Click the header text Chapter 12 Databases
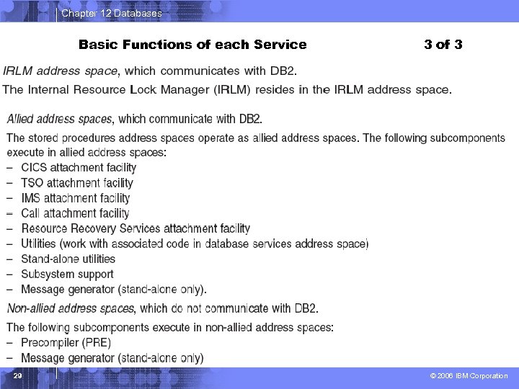112,13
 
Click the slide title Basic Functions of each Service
192,45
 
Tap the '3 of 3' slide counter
443,45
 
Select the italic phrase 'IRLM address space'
60,71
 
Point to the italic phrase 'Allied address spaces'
59,119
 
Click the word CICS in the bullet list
34,168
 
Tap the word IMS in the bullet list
31,198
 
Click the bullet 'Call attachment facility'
75,213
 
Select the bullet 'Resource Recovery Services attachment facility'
136,228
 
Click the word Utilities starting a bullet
38,243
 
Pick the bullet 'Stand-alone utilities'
68,259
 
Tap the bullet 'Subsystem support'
67,274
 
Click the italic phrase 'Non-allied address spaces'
70,308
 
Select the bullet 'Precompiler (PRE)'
66,342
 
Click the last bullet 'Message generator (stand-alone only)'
112,358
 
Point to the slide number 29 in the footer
18,376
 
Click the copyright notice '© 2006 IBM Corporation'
469,376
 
